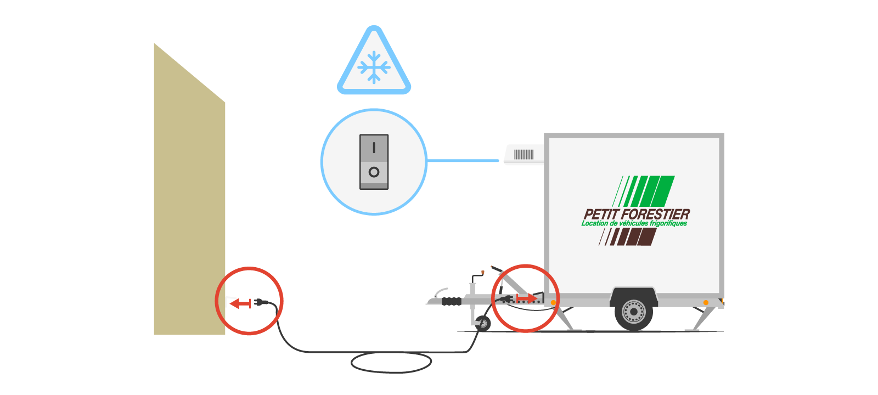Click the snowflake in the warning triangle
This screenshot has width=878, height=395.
point(374,67)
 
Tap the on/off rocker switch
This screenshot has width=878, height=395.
point(374,162)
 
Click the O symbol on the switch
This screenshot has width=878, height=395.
point(374,172)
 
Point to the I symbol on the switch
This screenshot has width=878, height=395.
point(374,148)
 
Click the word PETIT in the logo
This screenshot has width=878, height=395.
point(601,214)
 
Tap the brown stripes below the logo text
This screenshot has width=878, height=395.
point(631,236)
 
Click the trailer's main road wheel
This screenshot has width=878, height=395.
point(634,312)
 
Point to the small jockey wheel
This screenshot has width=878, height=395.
point(483,324)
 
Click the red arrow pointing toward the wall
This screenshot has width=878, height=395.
point(240,303)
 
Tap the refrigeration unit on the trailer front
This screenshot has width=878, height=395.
point(524,155)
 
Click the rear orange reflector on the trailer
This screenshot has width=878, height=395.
point(706,302)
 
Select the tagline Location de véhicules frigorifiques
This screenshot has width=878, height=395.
point(634,224)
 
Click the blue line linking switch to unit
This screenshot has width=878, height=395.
point(464,161)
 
